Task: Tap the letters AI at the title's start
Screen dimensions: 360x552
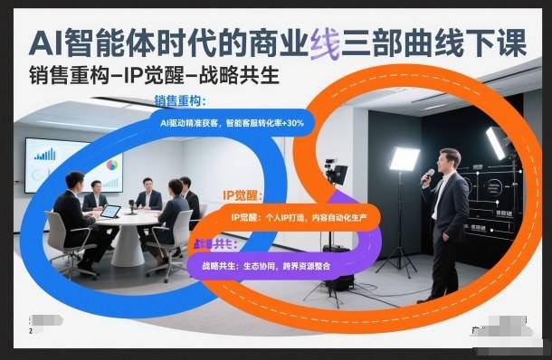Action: point(47,43)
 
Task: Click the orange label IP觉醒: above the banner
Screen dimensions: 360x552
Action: point(242,195)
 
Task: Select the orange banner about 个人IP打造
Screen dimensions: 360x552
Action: point(299,217)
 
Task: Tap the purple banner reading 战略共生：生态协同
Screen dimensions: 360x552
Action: point(262,266)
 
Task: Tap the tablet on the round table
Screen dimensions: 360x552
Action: point(110,212)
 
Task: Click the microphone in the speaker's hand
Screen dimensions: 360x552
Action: point(427,174)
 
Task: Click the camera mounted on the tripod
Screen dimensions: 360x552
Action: point(337,173)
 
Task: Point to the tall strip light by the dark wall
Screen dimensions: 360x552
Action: point(495,142)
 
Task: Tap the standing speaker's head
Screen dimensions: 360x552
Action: point(450,159)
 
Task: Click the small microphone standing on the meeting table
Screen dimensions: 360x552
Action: point(132,206)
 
